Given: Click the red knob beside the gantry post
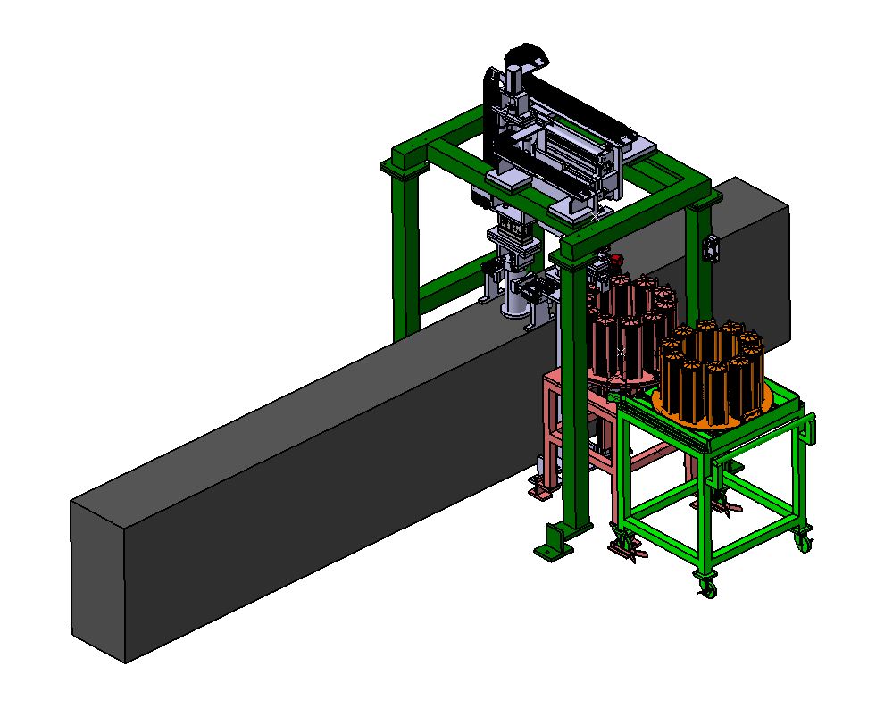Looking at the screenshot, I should (x=614, y=260).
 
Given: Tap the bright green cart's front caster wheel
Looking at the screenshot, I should (x=707, y=587).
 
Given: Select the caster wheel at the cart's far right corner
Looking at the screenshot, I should (x=805, y=539).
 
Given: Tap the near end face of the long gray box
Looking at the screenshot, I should (x=99, y=580).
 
